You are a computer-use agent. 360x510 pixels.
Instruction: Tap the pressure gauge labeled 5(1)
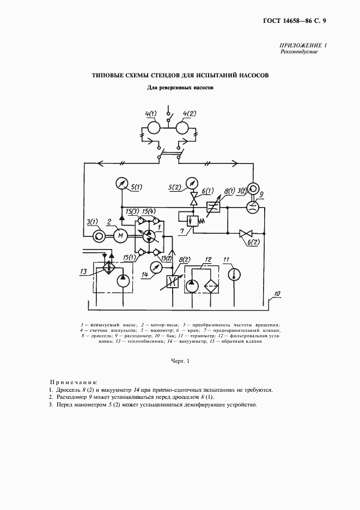121,184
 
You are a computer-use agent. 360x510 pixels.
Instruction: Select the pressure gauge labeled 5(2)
192,182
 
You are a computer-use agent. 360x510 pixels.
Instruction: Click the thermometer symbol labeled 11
235,272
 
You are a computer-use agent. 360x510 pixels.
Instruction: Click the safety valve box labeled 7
191,222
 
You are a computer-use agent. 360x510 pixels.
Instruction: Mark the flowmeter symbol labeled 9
251,206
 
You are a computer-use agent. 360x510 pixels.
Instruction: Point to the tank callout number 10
277,295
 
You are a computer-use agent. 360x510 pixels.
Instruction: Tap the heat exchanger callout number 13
83,271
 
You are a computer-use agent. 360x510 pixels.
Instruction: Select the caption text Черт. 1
179,361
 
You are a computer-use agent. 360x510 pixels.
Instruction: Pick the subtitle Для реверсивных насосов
180,87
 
